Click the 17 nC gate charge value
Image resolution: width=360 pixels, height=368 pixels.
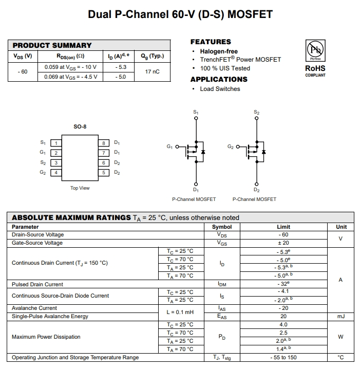point(152,71)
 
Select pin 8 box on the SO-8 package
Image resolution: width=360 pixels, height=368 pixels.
point(104,143)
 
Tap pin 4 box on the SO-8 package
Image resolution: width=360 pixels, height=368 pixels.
point(55,173)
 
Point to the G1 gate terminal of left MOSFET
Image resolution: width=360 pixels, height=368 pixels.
point(177,147)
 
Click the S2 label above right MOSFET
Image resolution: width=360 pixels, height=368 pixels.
point(256,112)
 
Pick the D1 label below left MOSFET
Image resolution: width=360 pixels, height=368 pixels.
point(196,190)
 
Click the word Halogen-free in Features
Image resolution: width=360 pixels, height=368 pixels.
point(219,51)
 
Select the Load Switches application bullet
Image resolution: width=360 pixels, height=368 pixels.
point(220,89)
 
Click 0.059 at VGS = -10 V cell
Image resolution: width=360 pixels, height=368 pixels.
point(70,67)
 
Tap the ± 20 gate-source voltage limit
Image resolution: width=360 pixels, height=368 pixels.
point(283,243)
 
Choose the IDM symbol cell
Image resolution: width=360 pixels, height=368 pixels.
point(222,284)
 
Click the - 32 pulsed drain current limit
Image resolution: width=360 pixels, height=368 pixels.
point(283,284)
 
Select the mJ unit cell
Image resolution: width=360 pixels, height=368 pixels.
point(341,317)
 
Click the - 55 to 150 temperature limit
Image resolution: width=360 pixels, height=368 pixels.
point(283,357)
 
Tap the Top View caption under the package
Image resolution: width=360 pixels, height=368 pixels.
point(80,188)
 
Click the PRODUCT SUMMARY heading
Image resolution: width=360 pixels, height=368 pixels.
point(52,45)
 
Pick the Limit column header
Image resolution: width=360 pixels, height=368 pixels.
point(283,227)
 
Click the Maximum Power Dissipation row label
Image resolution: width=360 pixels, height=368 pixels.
point(46,337)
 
